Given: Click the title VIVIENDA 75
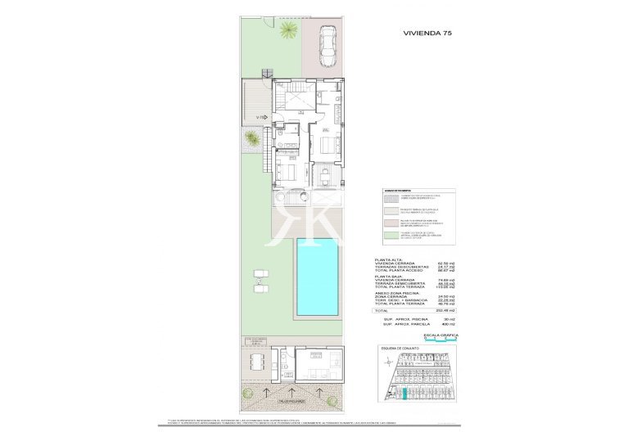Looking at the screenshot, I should [427, 35].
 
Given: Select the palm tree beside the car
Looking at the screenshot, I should [288, 31].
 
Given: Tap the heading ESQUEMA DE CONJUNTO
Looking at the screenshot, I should [400, 349].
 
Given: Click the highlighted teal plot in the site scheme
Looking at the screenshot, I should [403, 393].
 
